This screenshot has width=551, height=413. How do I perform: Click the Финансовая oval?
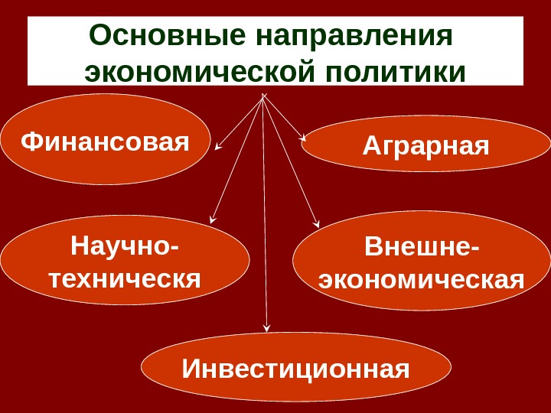[105, 139]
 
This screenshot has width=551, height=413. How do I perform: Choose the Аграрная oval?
[425, 144]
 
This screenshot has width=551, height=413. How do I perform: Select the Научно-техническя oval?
[125, 260]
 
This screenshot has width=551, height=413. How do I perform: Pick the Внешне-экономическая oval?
[422, 261]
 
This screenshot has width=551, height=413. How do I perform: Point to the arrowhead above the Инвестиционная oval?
[267, 327]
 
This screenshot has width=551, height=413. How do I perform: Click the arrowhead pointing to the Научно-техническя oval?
[212, 220]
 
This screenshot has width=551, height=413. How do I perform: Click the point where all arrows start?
[263, 96]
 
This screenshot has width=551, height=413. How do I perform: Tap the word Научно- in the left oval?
[125, 246]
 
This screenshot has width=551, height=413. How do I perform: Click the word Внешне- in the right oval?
[422, 246]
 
